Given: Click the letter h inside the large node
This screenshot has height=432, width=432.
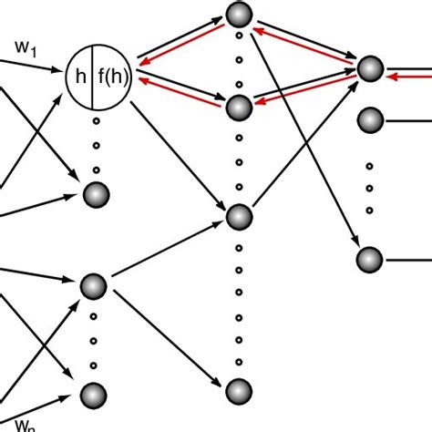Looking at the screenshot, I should pyautogui.click(x=82, y=78).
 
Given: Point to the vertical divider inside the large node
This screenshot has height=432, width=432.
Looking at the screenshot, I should pyautogui.click(x=98, y=78).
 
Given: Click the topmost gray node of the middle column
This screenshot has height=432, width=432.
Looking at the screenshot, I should pyautogui.click(x=239, y=14).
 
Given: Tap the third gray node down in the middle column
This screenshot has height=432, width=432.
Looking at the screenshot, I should pyautogui.click(x=239, y=217).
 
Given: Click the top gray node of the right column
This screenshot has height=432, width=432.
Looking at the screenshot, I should pyautogui.click(x=369, y=70).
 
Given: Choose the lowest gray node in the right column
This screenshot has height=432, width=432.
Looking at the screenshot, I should pyautogui.click(x=369, y=260).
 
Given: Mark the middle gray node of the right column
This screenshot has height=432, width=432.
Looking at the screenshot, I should pyautogui.click(x=369, y=119).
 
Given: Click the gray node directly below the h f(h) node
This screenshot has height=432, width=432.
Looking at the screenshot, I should pyautogui.click(x=96, y=194).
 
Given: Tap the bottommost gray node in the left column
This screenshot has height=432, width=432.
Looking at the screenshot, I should pyautogui.click(x=94, y=394).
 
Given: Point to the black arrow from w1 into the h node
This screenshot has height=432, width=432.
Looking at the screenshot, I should pyautogui.click(x=36, y=61).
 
